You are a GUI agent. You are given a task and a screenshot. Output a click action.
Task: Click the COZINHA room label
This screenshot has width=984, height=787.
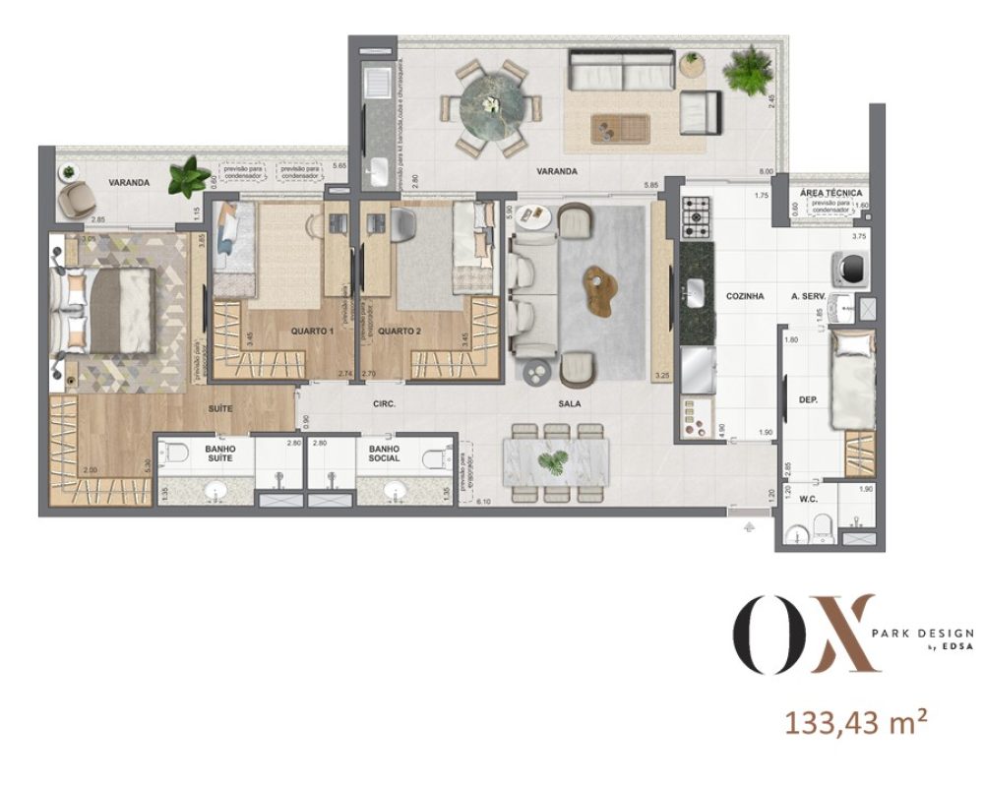tap(745, 295)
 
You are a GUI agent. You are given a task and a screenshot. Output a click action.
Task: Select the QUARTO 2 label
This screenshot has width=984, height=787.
tap(400, 332)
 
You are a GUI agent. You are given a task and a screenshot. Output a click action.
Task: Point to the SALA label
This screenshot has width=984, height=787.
tap(568, 403)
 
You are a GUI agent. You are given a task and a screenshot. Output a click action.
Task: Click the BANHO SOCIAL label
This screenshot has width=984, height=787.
tap(384, 453)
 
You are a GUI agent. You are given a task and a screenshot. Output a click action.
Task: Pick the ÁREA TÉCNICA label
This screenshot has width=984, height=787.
tap(831, 194)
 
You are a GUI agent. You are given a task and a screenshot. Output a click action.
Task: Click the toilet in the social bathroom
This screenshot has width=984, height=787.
tap(432, 457)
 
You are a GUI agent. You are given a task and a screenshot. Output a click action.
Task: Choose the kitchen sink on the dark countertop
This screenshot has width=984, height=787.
tap(696, 291)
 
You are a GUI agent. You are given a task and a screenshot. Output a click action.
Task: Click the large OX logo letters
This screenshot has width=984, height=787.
tap(803, 635)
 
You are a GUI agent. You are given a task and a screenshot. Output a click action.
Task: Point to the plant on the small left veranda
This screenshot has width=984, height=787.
tap(188, 179)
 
